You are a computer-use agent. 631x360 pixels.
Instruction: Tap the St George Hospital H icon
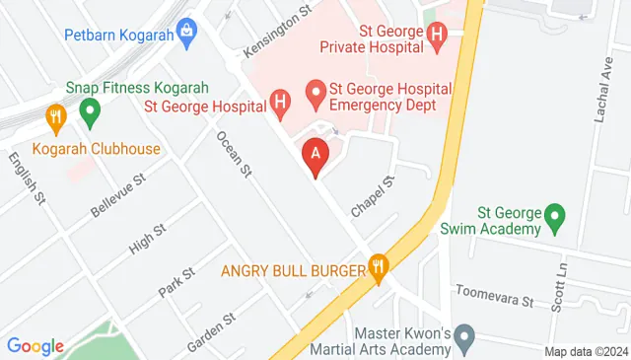pos(281,101)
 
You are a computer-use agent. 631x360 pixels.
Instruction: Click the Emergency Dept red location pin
pos(315,95)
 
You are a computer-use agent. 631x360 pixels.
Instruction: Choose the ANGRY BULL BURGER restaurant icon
pos(377,267)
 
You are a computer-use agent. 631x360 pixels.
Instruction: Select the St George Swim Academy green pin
pos(554,216)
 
